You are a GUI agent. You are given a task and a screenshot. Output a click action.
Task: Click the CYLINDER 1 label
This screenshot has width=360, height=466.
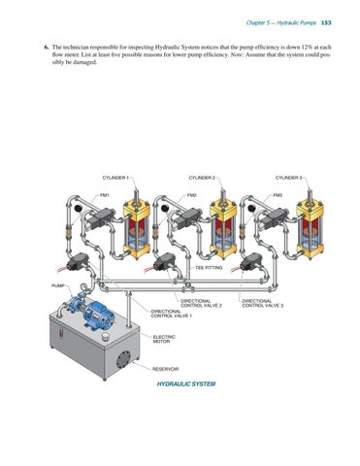coord(115,178)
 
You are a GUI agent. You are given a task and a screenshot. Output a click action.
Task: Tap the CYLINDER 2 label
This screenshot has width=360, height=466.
coord(202,178)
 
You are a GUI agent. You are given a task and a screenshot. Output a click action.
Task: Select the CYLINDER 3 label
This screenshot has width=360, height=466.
coord(289,178)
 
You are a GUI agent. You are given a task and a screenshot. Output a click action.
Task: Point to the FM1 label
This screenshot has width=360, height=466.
coord(105,195)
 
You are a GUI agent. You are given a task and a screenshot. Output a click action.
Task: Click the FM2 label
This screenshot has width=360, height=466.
coord(191,195)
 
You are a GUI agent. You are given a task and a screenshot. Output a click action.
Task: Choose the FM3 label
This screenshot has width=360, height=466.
coord(278,195)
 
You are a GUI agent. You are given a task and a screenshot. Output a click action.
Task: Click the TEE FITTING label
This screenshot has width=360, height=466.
coord(209,268)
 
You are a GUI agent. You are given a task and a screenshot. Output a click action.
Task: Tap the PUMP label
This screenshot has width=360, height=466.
coord(58,285)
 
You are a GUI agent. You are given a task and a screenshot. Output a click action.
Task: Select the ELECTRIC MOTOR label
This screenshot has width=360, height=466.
coord(164,339)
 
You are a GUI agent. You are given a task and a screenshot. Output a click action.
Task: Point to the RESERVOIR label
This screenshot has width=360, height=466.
coord(166,369)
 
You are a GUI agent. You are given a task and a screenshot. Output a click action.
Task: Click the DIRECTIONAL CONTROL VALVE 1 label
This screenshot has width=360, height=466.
coord(172,314)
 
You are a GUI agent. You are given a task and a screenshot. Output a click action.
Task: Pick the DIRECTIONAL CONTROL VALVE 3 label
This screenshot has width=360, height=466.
coord(263,303)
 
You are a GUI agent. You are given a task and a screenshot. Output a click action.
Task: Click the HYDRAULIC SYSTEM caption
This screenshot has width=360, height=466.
coord(186,384)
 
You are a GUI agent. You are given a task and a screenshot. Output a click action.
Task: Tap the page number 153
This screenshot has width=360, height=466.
coord(326,22)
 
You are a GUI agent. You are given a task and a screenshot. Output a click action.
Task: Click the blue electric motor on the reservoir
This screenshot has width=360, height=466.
coord(98,314)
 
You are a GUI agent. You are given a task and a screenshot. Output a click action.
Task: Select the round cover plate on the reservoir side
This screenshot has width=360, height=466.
coord(123,359)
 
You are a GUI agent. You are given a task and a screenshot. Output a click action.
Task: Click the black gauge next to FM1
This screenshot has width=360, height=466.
coord(78,209)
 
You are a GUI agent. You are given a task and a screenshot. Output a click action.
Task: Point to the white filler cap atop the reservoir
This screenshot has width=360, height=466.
coord(105,336)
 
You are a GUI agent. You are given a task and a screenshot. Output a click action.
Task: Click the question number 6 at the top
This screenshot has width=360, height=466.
coord(47,48)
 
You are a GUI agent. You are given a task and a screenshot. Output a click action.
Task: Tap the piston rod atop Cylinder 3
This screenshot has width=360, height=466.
coord(309,195)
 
